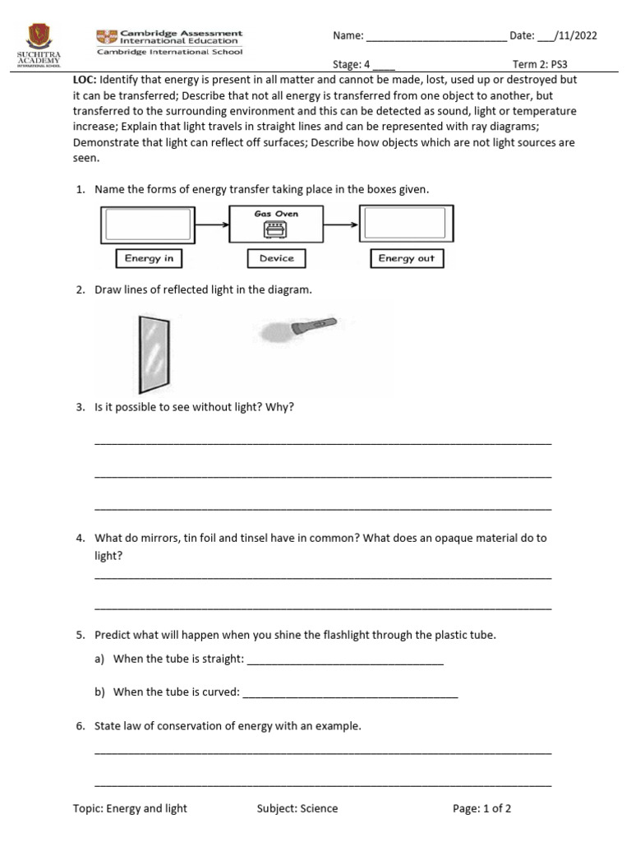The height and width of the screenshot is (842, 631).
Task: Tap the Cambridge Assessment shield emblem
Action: tap(107, 36)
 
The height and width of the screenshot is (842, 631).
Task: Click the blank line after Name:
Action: tap(435, 37)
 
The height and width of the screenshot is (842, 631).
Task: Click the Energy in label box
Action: tap(149, 258)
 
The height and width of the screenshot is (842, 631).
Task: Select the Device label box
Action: tap(276, 258)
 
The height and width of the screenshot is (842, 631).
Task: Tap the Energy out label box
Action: tap(406, 258)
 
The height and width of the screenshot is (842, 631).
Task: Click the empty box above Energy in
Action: tap(148, 224)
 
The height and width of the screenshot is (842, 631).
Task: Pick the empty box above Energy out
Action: tap(406, 224)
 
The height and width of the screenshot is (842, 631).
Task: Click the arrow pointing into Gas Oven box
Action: tap(211, 223)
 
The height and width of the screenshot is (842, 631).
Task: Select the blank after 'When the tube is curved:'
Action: tap(350, 694)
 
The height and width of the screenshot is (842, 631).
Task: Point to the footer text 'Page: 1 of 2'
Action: tap(481, 808)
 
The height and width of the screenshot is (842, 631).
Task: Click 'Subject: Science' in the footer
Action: tap(297, 808)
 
